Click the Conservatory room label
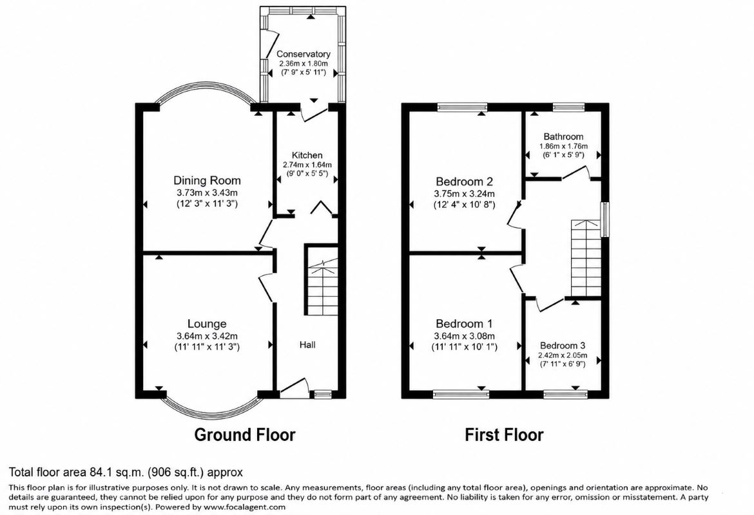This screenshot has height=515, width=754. click(x=303, y=54)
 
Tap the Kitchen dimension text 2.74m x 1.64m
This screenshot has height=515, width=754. click(x=307, y=164)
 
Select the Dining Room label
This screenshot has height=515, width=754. click(x=207, y=181)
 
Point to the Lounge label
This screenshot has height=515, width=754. click(x=207, y=324)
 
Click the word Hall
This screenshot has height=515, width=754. click(x=307, y=344)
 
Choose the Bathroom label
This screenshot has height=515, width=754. click(x=563, y=136)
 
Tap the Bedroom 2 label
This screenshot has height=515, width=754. click(x=464, y=182)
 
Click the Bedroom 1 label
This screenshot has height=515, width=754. click(x=464, y=324)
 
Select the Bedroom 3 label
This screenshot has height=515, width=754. click(x=563, y=346)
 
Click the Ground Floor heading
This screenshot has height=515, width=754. click(x=245, y=435)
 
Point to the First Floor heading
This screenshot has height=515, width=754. click(x=504, y=435)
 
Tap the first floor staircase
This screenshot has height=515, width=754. click(x=586, y=258)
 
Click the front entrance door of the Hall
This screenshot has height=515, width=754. click(x=294, y=388)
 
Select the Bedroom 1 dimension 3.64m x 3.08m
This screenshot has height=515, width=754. click(x=464, y=336)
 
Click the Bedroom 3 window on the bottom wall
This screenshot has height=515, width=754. click(x=566, y=395)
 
